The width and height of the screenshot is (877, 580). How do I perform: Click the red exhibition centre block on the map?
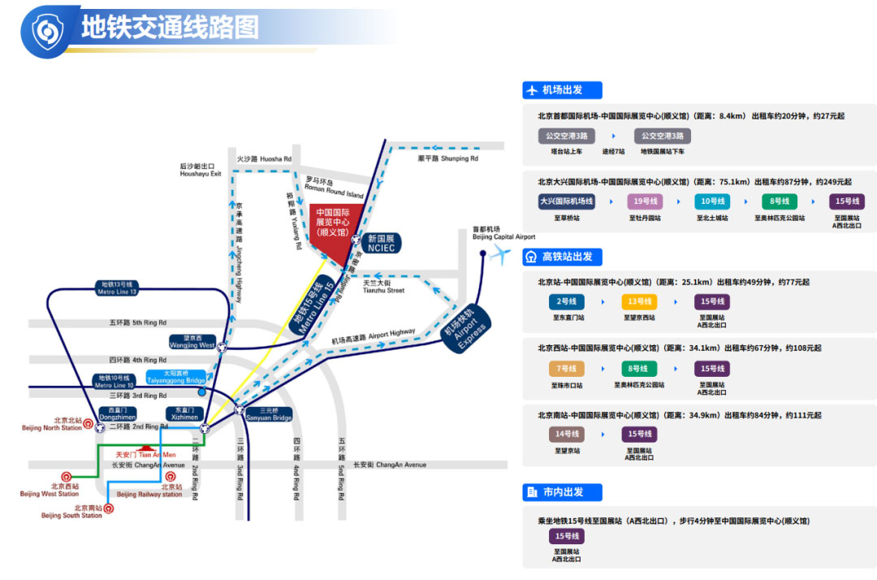click(331, 228)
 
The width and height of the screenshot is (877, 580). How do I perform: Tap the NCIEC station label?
click(380, 243)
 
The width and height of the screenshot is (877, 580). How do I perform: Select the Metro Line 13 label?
click(117, 288)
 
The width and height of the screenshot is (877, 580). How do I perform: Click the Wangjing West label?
click(192, 342)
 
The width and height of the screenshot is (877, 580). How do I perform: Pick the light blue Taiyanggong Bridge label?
click(175, 377)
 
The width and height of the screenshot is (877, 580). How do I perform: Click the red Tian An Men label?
click(145, 455)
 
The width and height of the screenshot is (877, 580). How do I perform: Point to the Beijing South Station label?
click(72, 512)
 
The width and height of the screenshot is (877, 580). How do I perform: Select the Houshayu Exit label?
click(201, 170)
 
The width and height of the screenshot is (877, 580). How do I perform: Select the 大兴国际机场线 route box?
click(567, 201)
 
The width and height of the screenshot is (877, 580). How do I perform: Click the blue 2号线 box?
click(566, 301)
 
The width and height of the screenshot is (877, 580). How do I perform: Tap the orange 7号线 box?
click(566, 369)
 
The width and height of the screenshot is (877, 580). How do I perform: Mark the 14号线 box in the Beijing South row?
click(566, 435)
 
